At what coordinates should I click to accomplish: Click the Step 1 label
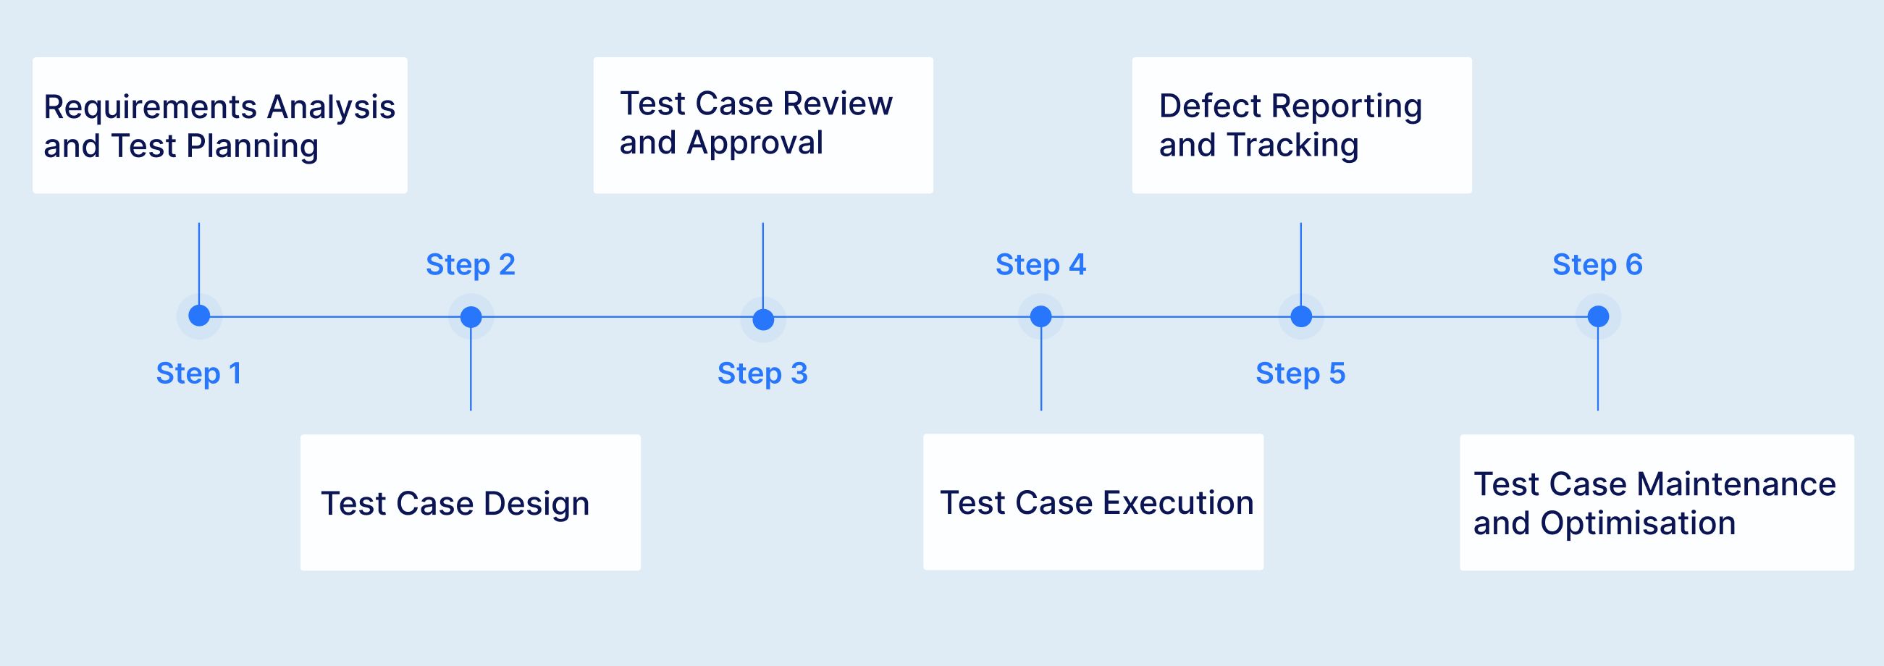198,374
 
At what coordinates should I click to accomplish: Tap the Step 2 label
470,265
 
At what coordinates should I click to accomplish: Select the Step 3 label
762,374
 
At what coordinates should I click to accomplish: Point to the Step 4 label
1040,265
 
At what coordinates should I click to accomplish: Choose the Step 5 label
1300,374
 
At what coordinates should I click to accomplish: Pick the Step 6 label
1597,265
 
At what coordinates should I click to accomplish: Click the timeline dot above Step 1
199,316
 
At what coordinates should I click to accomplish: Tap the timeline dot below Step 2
471,316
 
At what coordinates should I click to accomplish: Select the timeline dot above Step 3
763,319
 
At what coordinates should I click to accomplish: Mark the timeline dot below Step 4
1040,316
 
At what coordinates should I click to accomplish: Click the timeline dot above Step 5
1301,316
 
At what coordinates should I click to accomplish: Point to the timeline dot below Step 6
1598,316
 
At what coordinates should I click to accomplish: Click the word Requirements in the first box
151,107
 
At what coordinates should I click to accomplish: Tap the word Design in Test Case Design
536,504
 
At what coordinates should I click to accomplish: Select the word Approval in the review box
754,143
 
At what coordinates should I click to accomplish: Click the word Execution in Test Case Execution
1177,503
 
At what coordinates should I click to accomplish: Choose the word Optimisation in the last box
1638,523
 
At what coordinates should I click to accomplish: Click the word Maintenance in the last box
1736,484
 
